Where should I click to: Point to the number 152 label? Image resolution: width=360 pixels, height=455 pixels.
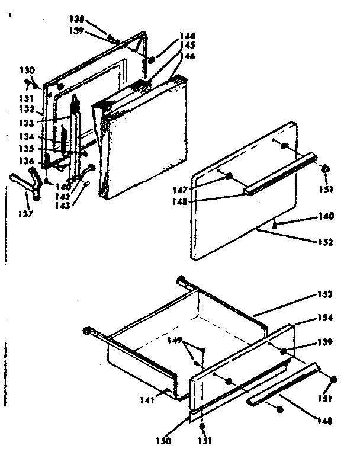coord(324,242)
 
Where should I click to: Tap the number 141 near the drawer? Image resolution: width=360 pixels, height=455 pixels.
coord(147,400)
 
